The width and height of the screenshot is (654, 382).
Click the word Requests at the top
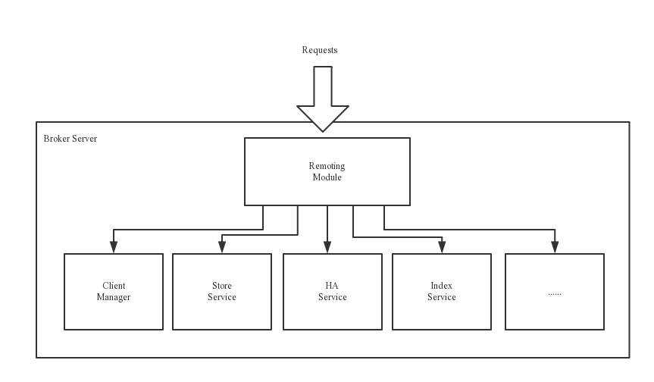click(x=319, y=50)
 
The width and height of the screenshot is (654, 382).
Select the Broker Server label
click(x=70, y=139)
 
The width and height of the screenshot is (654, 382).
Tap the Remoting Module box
click(x=327, y=171)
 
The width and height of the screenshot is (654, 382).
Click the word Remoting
click(x=327, y=166)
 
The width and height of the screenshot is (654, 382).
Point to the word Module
click(x=327, y=177)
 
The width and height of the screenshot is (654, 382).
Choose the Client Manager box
click(x=114, y=292)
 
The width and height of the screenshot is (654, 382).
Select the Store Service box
click(x=222, y=292)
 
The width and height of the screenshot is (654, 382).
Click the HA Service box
click(x=332, y=292)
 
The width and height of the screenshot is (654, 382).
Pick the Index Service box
click(x=441, y=292)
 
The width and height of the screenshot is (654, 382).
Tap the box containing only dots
click(x=554, y=292)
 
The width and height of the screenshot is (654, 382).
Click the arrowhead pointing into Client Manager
click(x=114, y=247)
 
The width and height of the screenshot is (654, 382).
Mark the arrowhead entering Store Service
click(x=222, y=247)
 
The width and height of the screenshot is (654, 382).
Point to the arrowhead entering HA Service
click(x=327, y=247)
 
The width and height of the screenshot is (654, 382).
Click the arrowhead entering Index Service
click(x=441, y=247)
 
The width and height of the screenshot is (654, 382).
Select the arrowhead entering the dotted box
click(x=555, y=247)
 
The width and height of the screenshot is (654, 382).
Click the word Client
click(x=114, y=286)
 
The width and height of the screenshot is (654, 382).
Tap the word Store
click(x=222, y=286)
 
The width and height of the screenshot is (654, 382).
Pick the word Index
click(x=441, y=286)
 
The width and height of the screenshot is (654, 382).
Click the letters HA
click(x=332, y=286)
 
